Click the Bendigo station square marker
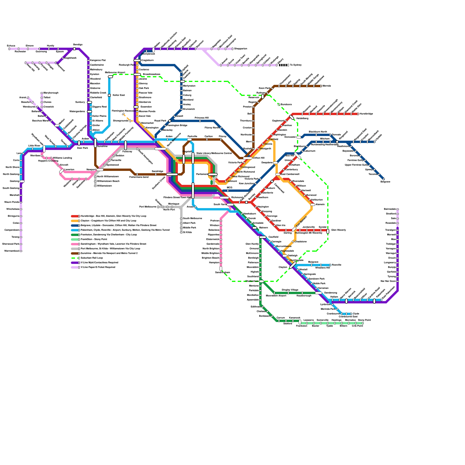point(74,49)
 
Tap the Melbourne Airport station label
point(115,72)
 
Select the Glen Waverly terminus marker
point(328,231)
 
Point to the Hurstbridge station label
point(366,114)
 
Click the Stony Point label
point(364,320)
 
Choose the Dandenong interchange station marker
point(319,293)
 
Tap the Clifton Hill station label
point(259,158)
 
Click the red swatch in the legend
point(75,216)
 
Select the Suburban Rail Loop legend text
point(92,258)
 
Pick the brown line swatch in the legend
point(75,253)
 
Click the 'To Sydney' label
point(296,65)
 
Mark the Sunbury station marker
point(90,102)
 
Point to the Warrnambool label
point(12,251)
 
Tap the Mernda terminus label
point(327,86)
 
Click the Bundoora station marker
point(279,105)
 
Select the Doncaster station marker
point(299,137)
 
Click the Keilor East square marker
point(109,95)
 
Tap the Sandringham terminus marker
point(221,269)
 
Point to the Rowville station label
point(337,265)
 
